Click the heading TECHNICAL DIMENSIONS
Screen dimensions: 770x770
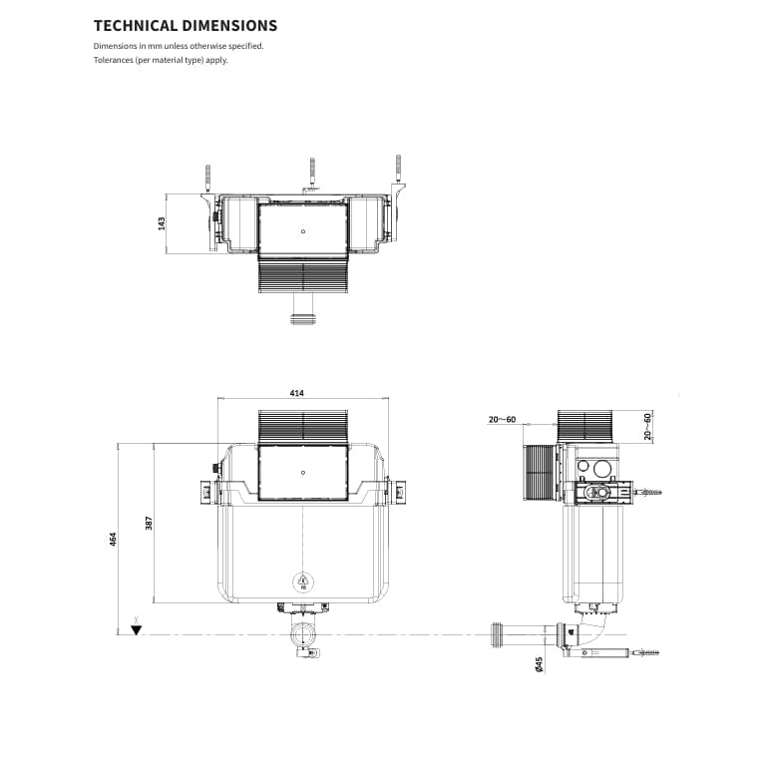tap(186, 26)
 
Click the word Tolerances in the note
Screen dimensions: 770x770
tap(114, 60)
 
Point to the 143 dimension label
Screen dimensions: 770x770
tap(162, 223)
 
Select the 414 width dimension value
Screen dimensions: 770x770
tap(296, 393)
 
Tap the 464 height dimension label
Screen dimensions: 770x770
tap(114, 538)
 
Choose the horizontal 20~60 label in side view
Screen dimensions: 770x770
tap(502, 420)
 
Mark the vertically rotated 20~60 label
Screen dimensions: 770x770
tap(646, 426)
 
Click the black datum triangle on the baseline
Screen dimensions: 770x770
tap(137, 630)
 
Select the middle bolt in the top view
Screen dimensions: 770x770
tap(312, 172)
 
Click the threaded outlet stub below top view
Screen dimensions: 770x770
tap(302, 320)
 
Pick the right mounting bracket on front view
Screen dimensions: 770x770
tap(397, 491)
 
